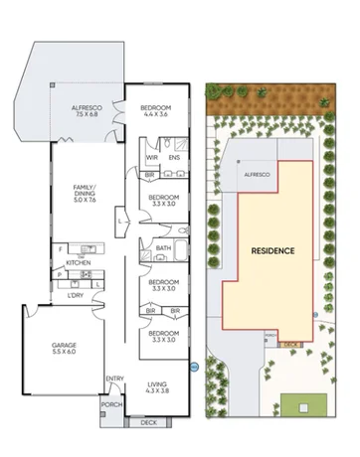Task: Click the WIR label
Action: pos(152,157)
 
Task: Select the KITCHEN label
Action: pos(80,263)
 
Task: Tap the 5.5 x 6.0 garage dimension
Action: pos(65,354)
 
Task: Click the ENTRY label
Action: pos(115,378)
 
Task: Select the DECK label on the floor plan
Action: pos(149,422)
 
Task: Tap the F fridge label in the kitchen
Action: pos(62,247)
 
